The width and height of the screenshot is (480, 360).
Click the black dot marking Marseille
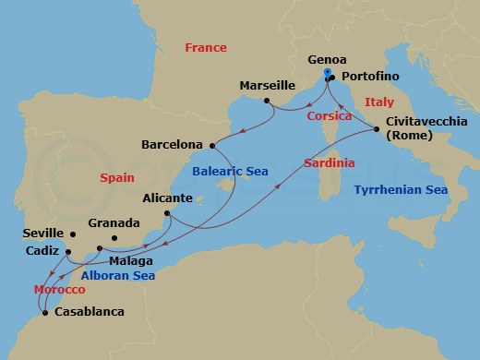click(x=266, y=100)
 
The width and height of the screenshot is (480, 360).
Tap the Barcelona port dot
click(x=211, y=145)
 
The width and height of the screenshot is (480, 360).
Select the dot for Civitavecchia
click(x=378, y=130)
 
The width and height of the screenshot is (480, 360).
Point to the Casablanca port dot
click(x=45, y=312)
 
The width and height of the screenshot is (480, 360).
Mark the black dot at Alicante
click(x=168, y=215)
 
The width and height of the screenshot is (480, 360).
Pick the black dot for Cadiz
click(x=68, y=250)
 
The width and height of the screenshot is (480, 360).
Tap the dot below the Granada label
click(x=114, y=239)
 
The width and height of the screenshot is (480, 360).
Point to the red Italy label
click(x=379, y=101)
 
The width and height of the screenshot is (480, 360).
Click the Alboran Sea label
click(x=115, y=274)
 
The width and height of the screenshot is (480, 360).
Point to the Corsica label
click(x=330, y=117)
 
